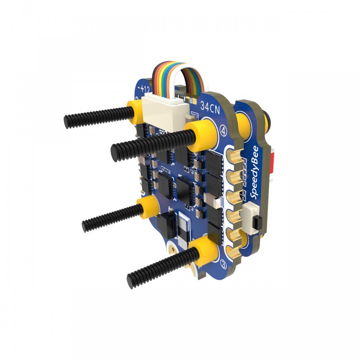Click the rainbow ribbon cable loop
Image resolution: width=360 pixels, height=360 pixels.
pos(180,74)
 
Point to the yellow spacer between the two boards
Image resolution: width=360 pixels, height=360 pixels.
pos(246,121)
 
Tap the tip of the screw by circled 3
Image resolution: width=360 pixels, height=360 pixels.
pos(131,281)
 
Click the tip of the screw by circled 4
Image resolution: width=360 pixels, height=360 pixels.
pos(115,153)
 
